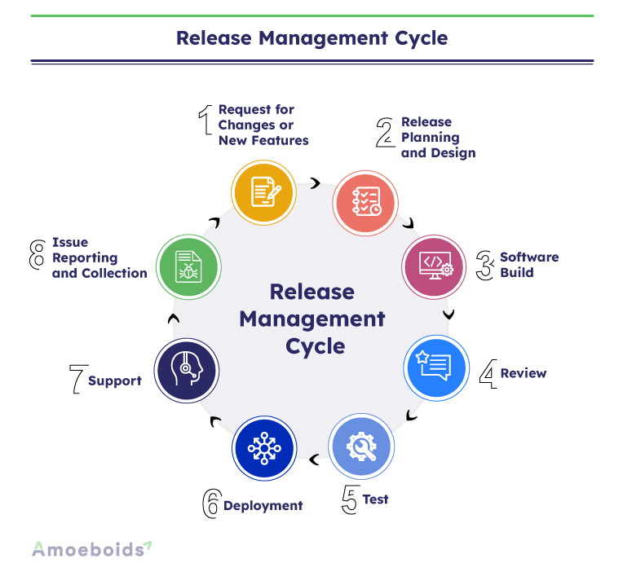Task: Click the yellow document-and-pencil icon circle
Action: point(264,192)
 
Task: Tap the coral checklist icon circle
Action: point(365,203)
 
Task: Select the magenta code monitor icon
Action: point(435,266)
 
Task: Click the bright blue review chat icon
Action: point(436,368)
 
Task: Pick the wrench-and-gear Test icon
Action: point(361,446)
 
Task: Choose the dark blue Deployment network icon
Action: point(264,448)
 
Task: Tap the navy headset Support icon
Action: point(187,370)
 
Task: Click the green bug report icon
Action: point(188,266)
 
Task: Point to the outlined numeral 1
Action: point(205,120)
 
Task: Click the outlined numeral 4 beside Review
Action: point(488,374)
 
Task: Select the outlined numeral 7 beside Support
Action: point(78,379)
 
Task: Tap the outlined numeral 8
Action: point(38,254)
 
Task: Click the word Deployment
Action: point(263,506)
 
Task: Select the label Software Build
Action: point(529,265)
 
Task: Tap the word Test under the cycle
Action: point(375,499)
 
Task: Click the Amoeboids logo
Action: point(92,549)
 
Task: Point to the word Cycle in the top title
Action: point(421,38)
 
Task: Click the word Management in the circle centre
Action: point(312,319)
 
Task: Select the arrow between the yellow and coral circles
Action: point(316,183)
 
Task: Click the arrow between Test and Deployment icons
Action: point(314,460)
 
